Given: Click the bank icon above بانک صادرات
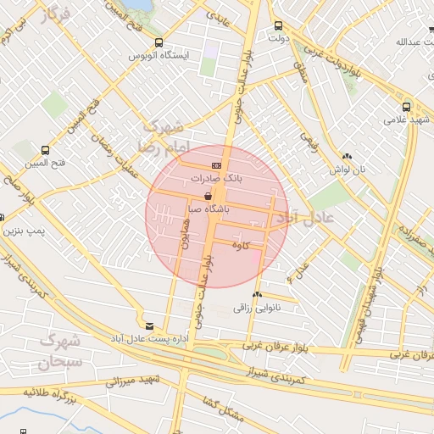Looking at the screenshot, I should [217, 165].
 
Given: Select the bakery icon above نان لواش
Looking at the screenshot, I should [347, 156].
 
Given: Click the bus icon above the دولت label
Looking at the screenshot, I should [279, 25].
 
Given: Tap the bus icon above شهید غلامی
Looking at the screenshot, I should [407, 107].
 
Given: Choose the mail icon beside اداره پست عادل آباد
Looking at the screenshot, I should [150, 325].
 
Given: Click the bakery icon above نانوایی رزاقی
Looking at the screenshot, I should [257, 294].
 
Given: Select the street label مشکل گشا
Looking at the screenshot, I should [223, 408].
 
